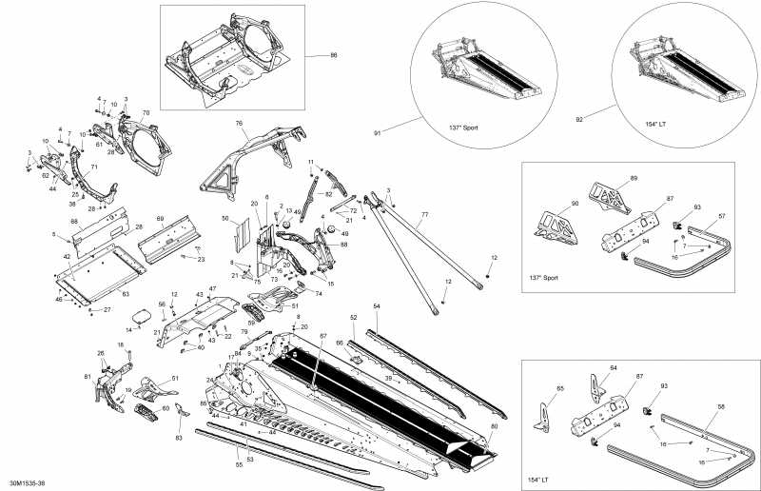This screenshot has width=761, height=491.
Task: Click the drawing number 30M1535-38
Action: [26, 483]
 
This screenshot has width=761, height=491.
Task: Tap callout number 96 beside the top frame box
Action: [334, 56]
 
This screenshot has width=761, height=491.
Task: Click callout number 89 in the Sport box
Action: [634, 178]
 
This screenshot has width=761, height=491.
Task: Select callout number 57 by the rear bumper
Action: [721, 217]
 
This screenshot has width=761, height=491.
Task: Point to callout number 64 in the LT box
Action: [614, 367]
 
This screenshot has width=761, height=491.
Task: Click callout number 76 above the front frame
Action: [240, 123]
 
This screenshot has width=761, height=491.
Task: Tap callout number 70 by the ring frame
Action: [146, 114]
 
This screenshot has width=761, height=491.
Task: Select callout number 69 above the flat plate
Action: [160, 220]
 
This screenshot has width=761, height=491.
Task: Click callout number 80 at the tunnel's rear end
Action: [493, 427]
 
